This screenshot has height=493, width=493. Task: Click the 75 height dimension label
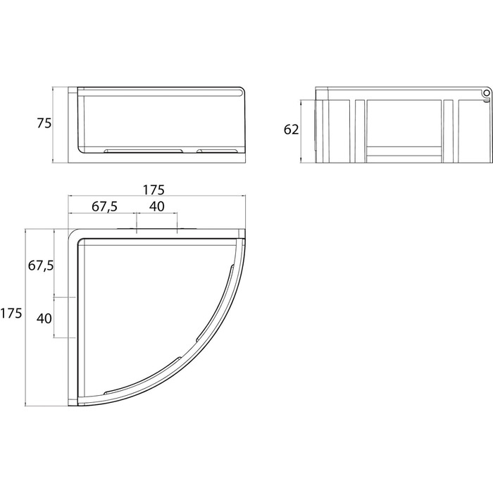point(44,123)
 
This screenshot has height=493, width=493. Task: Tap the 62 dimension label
point(291,130)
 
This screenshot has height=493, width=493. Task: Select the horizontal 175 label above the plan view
point(154,190)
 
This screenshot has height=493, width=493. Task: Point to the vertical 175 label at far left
point(11,313)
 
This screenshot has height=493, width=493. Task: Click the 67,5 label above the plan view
point(105,207)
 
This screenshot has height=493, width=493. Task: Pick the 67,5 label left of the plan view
point(41,266)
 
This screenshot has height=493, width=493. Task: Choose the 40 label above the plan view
point(156,206)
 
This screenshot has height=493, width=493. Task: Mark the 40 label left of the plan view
point(44,318)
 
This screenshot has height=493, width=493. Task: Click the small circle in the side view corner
point(487,93)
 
